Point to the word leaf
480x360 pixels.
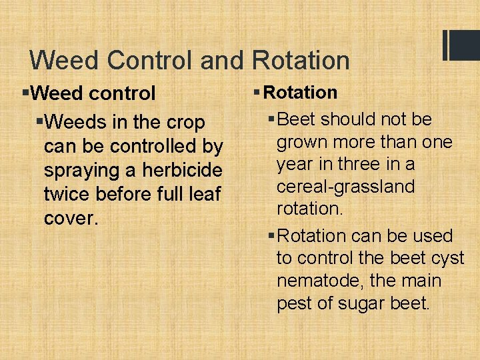click(x=203, y=194)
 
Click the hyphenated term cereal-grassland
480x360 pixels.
click(x=345, y=186)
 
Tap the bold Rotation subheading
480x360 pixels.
click(x=303, y=93)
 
